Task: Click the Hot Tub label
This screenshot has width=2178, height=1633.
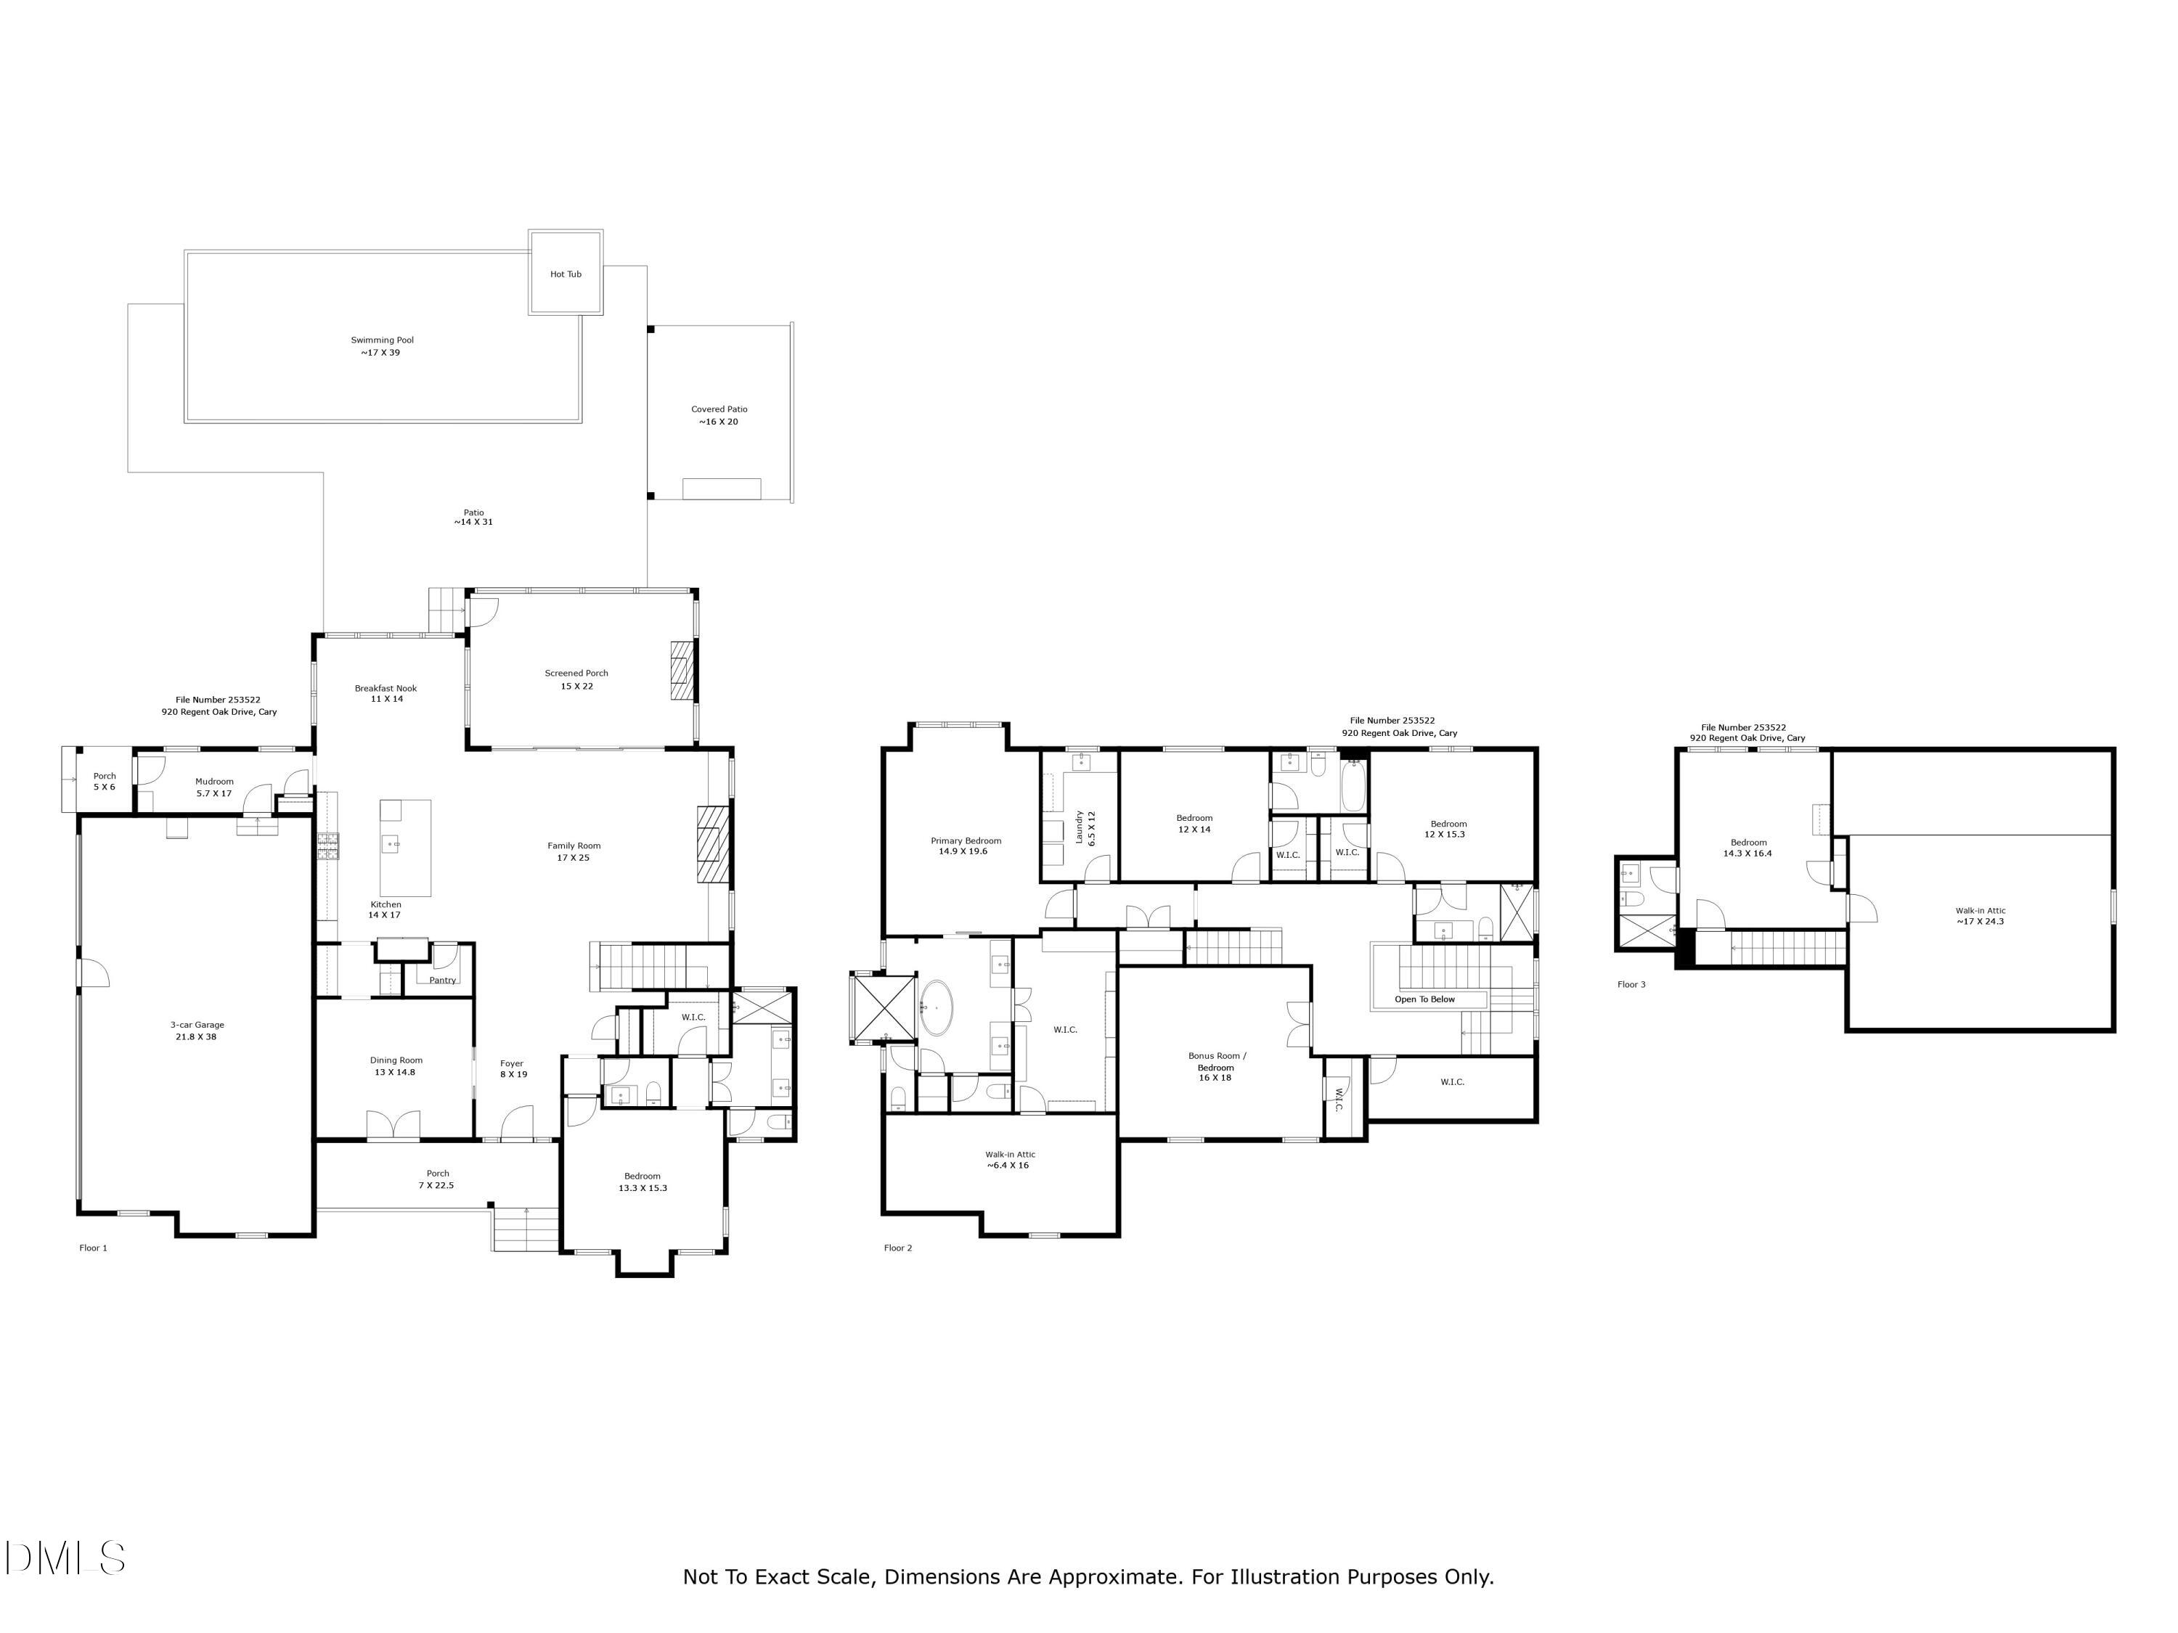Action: coord(565,274)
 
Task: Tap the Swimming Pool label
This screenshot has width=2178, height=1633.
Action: coord(382,346)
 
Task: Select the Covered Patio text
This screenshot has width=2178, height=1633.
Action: coord(719,415)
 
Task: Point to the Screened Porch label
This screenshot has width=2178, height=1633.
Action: coord(576,679)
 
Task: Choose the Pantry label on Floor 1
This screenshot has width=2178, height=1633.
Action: coord(442,981)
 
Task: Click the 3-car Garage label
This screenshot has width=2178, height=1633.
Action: coord(197,1030)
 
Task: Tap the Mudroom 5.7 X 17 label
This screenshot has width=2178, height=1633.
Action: coord(213,787)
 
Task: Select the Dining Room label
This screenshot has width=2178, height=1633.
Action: coord(396,1066)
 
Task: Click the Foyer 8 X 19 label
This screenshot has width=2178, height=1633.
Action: coord(513,1068)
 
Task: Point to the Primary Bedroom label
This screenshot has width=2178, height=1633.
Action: coord(965,846)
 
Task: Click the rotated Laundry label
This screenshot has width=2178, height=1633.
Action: coord(1084,828)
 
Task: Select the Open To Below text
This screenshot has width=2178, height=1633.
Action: coord(1424,999)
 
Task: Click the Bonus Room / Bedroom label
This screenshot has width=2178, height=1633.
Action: coord(1216,1066)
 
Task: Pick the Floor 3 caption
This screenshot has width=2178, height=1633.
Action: coord(1631,984)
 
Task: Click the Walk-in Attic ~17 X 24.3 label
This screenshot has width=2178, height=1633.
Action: coord(1979,917)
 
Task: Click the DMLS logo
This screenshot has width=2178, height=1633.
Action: coord(65,1558)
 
